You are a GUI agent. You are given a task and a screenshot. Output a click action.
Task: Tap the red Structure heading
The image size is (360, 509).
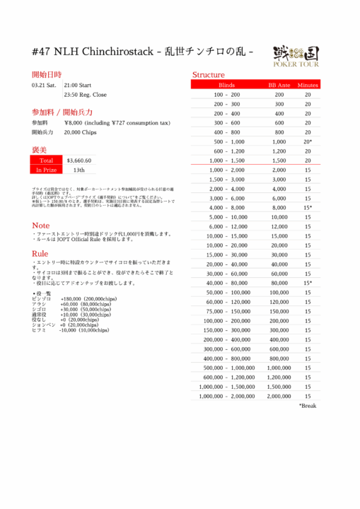point(209,75)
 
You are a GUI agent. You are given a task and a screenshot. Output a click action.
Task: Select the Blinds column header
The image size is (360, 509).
point(227,85)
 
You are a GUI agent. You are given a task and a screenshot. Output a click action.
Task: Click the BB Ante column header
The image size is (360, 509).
point(279,85)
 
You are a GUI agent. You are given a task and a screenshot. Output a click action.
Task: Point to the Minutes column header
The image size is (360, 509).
point(308,85)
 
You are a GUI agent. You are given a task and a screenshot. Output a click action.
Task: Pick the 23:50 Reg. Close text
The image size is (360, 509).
point(86,95)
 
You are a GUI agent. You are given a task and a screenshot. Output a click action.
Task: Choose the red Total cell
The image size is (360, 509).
point(47,160)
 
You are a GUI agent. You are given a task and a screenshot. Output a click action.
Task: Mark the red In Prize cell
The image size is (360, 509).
point(47,170)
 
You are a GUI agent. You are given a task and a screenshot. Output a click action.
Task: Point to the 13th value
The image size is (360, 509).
point(79,170)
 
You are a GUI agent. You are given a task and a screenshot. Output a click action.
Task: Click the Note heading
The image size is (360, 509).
point(41,226)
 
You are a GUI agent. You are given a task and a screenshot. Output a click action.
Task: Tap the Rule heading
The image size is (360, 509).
point(40,253)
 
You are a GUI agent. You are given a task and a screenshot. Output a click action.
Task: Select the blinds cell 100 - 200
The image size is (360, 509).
point(227,95)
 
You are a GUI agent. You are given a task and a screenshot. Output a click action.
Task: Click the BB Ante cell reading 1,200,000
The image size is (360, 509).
point(279,378)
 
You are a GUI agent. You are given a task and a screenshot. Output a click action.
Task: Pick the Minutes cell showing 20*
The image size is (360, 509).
point(308,142)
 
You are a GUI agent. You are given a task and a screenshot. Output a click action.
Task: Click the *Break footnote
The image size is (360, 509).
point(308,406)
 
